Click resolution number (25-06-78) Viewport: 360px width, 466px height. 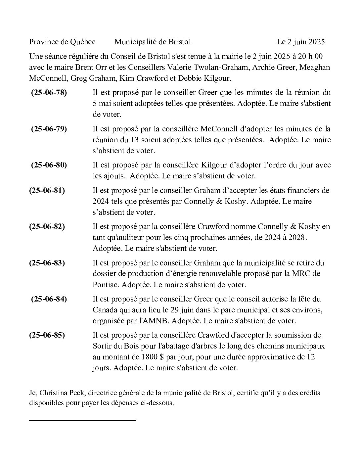(x=49, y=93)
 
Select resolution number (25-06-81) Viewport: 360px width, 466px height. (x=47, y=190)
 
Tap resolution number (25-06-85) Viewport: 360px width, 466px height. (x=47, y=335)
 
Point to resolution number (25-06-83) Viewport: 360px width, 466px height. (x=47, y=263)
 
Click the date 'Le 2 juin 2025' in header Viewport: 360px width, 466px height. (x=301, y=42)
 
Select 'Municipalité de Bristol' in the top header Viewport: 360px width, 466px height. (x=153, y=42)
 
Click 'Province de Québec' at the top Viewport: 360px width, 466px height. (x=62, y=42)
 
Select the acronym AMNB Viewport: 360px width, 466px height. (x=157, y=321)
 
